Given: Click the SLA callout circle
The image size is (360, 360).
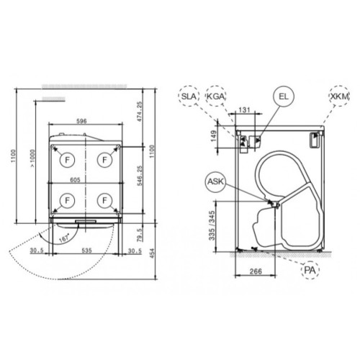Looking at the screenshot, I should coord(189,96).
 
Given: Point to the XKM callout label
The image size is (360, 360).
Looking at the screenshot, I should coord(337,96).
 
